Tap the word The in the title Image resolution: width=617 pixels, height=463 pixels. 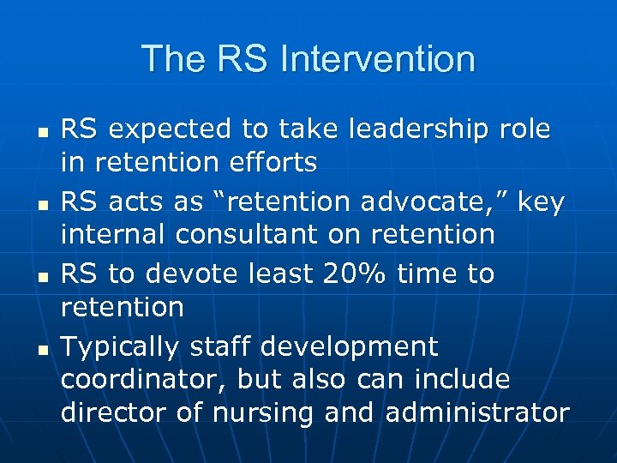click(167, 59)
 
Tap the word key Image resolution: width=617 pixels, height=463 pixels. click(540, 202)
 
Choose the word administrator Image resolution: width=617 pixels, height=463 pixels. click(477, 412)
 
